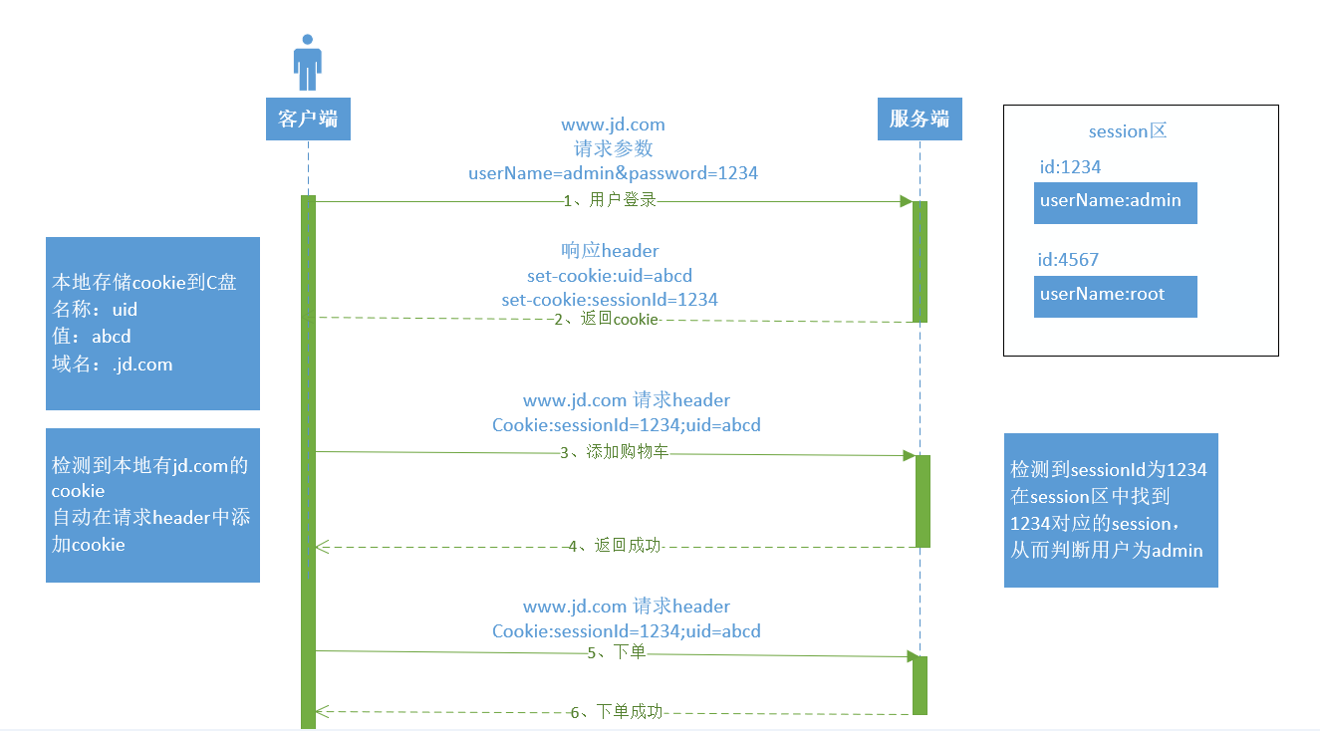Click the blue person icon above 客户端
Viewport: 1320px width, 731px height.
pyautogui.click(x=308, y=63)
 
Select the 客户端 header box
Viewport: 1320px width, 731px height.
pyautogui.click(x=308, y=120)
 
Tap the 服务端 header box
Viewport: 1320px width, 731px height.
pyautogui.click(x=920, y=120)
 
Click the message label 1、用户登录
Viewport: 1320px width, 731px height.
pyautogui.click(x=610, y=200)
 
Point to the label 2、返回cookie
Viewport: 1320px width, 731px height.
pyautogui.click(x=607, y=319)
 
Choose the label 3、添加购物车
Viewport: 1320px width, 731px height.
pyautogui.click(x=614, y=453)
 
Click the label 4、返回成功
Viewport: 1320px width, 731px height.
pyautogui.click(x=615, y=546)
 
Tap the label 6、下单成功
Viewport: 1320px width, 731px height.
pyautogui.click(x=616, y=712)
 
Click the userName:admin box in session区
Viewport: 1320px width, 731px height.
pyautogui.click(x=1115, y=202)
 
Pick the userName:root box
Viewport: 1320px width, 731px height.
pyautogui.click(x=1115, y=296)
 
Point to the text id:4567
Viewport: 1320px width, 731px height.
pyautogui.click(x=1068, y=260)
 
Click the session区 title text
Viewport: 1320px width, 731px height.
pyautogui.click(x=1127, y=131)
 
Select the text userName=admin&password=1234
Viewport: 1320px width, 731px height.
pyautogui.click(x=613, y=173)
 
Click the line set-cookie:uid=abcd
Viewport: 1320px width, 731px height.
pyautogui.click(x=610, y=275)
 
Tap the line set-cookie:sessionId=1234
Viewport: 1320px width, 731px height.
pyautogui.click(x=610, y=299)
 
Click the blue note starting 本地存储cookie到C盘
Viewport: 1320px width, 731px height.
pyautogui.click(x=152, y=323)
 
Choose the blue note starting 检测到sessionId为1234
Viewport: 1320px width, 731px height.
pyautogui.click(x=1110, y=510)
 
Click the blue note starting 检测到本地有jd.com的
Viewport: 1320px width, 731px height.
pyautogui.click(x=152, y=505)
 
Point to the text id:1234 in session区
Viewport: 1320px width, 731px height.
pyautogui.click(x=1069, y=167)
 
